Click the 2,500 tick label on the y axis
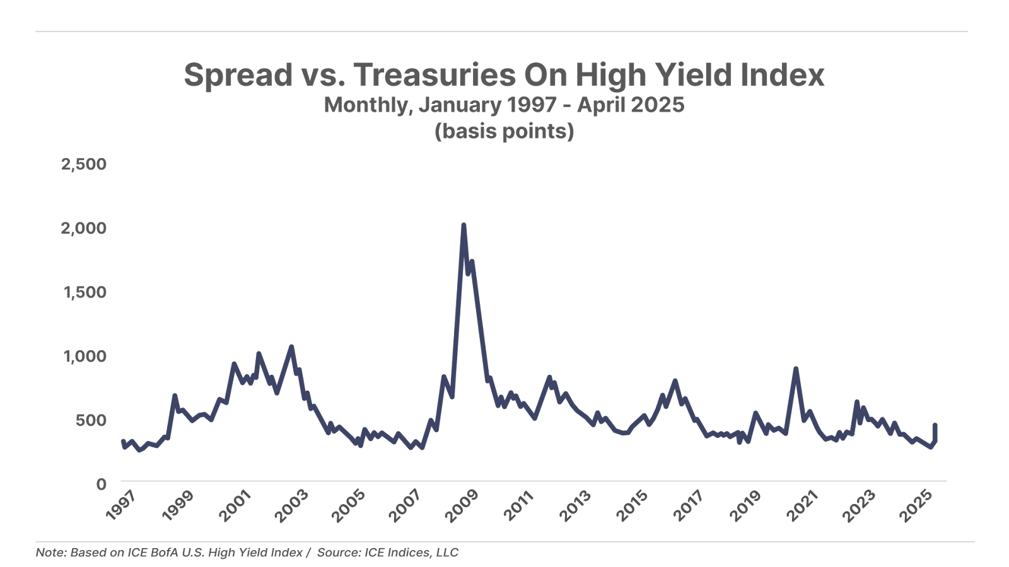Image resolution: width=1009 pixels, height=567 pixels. pos(84,164)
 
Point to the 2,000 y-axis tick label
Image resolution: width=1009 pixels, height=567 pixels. pos(84,228)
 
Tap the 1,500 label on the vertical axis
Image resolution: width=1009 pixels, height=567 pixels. pos(85,292)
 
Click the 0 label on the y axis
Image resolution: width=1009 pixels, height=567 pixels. pos(102,484)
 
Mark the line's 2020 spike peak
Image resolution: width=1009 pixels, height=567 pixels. pos(796,369)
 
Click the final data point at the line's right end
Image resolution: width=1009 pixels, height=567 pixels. pos(935,425)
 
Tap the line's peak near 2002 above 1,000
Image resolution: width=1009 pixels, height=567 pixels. pos(291,346)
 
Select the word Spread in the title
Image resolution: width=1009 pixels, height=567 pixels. pos(238,75)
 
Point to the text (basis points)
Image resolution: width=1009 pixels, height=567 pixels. pos(504,131)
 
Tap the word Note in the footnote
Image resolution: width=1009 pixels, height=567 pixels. pos(50,553)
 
